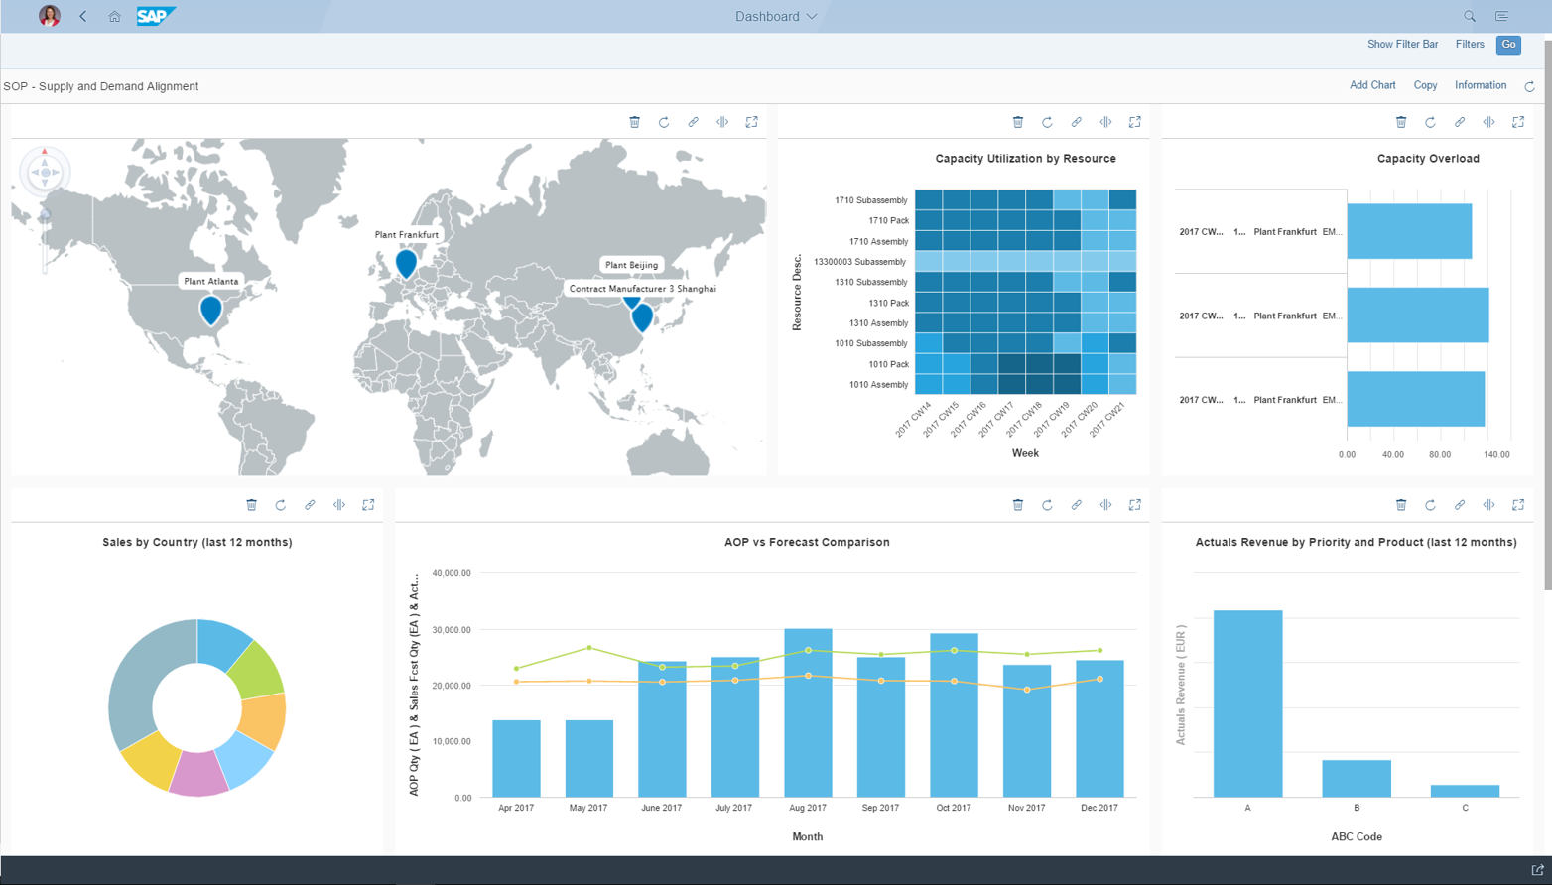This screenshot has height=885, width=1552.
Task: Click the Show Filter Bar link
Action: [1402, 45]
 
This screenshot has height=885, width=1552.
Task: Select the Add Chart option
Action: [1371, 85]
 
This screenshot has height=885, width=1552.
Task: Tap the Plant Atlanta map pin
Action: [210, 310]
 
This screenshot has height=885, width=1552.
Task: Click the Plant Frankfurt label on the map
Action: [407, 235]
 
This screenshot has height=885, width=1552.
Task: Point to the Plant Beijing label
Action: [631, 265]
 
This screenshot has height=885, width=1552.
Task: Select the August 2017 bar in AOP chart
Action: [808, 712]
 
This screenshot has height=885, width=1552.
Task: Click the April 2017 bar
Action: [516, 758]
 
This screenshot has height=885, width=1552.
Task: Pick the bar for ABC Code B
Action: [1356, 778]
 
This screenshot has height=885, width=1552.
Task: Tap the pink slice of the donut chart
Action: [198, 774]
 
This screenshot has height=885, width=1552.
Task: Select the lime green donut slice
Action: [256, 669]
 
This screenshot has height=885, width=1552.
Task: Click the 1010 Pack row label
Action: [888, 364]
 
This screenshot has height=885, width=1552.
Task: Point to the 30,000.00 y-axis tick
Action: [452, 630]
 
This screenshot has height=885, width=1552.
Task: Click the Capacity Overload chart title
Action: [1427, 159]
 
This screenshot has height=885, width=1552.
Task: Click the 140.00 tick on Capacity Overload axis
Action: [1495, 455]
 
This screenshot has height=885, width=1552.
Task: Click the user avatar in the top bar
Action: [49, 16]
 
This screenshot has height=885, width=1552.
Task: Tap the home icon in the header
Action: [114, 17]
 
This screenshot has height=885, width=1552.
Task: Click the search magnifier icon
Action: [1469, 17]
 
